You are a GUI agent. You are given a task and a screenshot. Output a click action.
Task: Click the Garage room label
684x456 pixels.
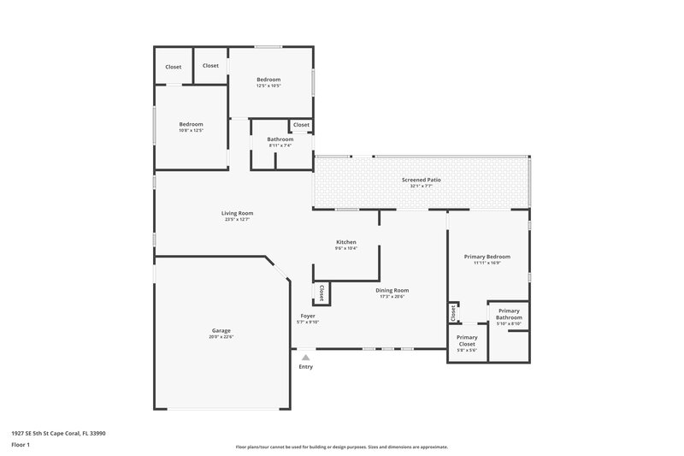(221, 330)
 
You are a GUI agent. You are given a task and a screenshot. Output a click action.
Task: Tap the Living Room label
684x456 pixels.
(238, 213)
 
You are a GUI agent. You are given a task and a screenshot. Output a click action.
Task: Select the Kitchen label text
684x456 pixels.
(346, 242)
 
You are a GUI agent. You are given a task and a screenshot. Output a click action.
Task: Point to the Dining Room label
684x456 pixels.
(392, 290)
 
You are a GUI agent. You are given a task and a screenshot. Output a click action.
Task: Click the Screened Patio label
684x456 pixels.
(422, 180)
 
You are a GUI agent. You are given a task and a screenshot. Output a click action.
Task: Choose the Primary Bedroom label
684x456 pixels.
(486, 257)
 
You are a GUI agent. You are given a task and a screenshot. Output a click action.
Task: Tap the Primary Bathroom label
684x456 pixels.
(509, 314)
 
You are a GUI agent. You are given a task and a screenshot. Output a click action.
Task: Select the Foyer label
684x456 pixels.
(307, 316)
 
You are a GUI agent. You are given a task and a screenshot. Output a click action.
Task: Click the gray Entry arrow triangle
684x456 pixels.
(305, 358)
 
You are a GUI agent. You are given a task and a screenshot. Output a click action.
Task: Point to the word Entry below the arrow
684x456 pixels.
(305, 367)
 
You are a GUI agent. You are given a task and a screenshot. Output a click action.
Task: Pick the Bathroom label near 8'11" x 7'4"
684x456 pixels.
(280, 139)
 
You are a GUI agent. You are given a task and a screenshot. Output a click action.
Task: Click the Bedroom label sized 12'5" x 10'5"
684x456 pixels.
(268, 80)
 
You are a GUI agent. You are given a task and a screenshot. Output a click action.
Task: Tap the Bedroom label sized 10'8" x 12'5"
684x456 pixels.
(191, 124)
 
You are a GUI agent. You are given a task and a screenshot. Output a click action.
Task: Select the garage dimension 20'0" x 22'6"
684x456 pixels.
(221, 337)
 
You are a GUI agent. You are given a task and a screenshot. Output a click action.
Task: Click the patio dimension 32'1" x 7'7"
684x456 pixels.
(422, 187)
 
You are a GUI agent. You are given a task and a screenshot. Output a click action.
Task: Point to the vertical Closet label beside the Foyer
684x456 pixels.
(321, 293)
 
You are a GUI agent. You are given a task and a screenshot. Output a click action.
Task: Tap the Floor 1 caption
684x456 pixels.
(21, 446)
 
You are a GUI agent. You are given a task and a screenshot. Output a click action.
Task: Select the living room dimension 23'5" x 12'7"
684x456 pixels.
(238, 220)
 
